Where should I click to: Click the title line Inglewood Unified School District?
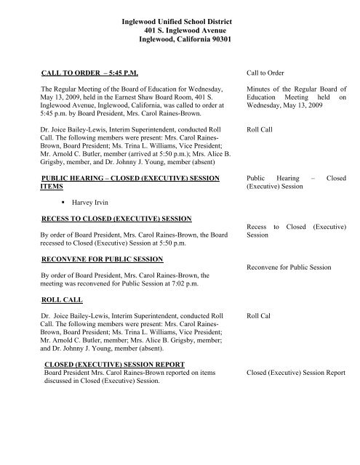coord(190,27)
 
